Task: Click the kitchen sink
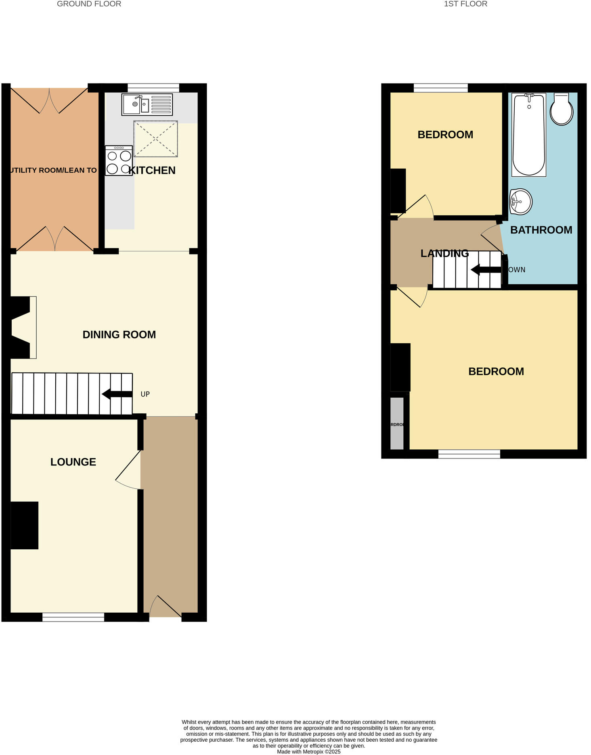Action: tap(147, 104)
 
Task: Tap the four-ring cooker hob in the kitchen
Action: tap(119, 161)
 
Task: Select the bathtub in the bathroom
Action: tap(528, 135)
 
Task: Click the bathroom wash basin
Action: tap(520, 201)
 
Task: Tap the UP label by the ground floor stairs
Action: tap(145, 394)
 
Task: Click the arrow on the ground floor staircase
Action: tap(117, 394)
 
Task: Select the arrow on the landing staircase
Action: tap(486, 269)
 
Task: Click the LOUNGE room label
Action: tap(73, 462)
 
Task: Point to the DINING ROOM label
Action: tap(119, 334)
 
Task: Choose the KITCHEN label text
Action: tap(152, 170)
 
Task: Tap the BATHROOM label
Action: tap(541, 230)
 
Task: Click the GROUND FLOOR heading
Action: tap(89, 4)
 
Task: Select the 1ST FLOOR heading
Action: tap(465, 4)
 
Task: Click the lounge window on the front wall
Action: tap(73, 617)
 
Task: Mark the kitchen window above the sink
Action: tap(153, 88)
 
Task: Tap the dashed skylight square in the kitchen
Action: tap(155, 139)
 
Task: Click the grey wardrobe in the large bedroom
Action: tap(397, 423)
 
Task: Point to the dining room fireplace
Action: tap(22, 327)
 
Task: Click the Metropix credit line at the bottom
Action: tap(308, 752)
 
